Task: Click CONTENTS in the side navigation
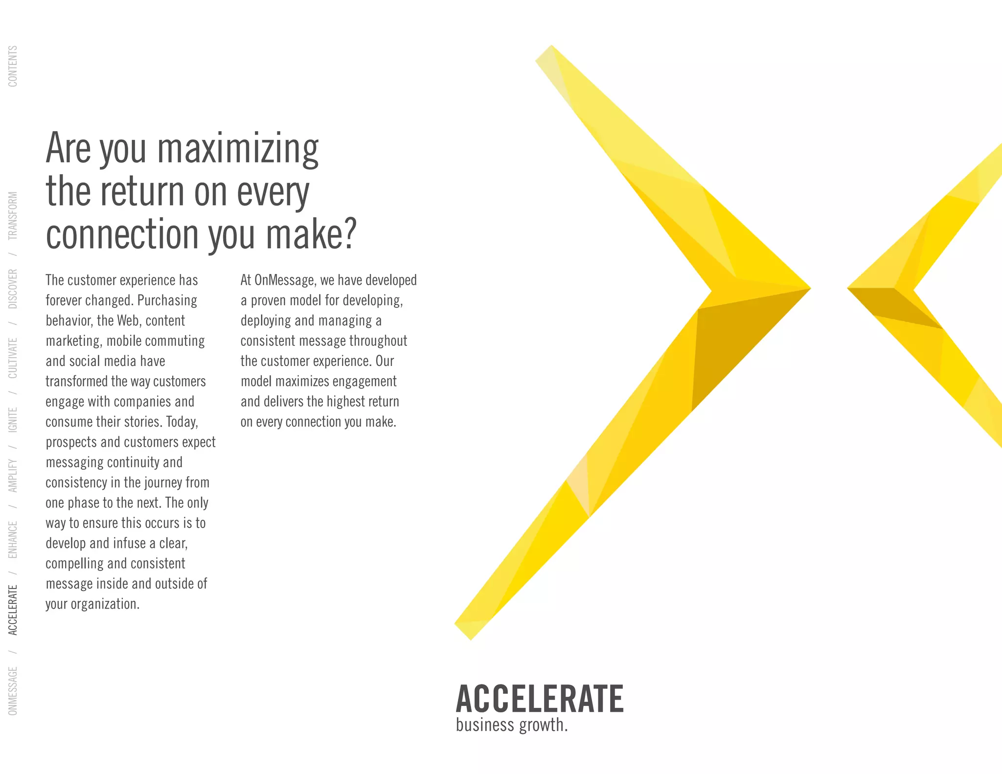point(13,67)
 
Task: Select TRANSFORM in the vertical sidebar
point(13,215)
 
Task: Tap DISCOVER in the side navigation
point(13,289)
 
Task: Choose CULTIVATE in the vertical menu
point(13,358)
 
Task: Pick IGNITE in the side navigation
point(13,419)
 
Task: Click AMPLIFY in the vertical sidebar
point(13,475)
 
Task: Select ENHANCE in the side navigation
point(13,539)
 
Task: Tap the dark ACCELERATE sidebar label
point(13,610)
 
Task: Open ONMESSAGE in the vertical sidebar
point(13,690)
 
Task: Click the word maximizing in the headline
point(238,149)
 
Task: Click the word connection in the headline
point(122,234)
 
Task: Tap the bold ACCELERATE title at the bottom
point(539,699)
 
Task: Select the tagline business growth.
point(512,725)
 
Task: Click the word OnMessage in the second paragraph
point(284,280)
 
